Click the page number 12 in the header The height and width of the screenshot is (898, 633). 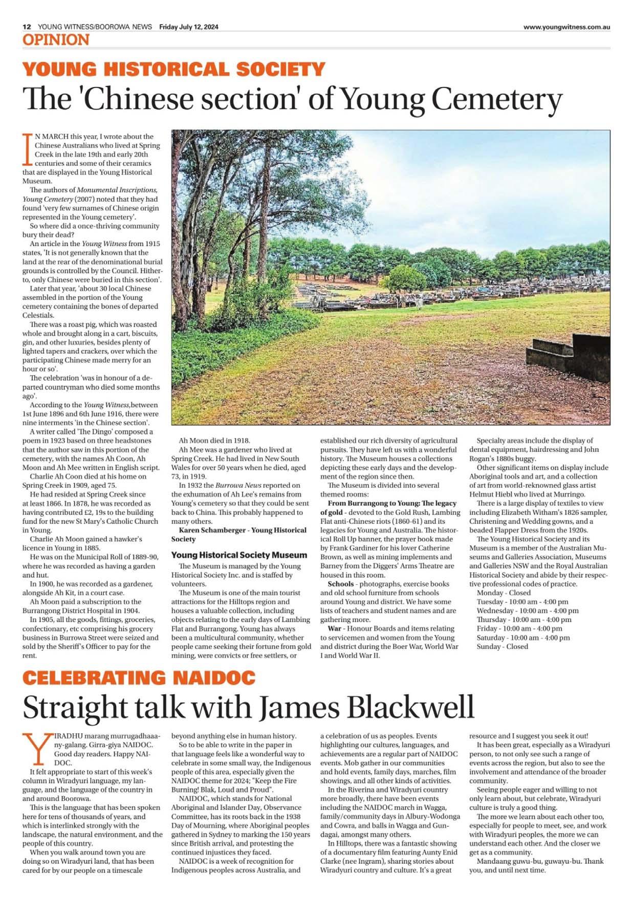coord(27,27)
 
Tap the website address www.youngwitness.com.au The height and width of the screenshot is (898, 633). coord(566,28)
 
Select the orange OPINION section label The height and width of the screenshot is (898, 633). coord(56,40)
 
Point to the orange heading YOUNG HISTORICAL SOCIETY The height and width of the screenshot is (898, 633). coord(174,70)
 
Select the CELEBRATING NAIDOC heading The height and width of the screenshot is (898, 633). coord(139,678)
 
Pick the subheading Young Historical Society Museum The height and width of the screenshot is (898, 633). coord(239,555)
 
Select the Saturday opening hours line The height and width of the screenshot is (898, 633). coord(522,638)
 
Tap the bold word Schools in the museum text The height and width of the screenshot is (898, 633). coord(341,584)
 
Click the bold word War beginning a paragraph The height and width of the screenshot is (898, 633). coord(335,628)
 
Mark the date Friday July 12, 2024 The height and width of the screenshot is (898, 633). coord(188,27)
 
